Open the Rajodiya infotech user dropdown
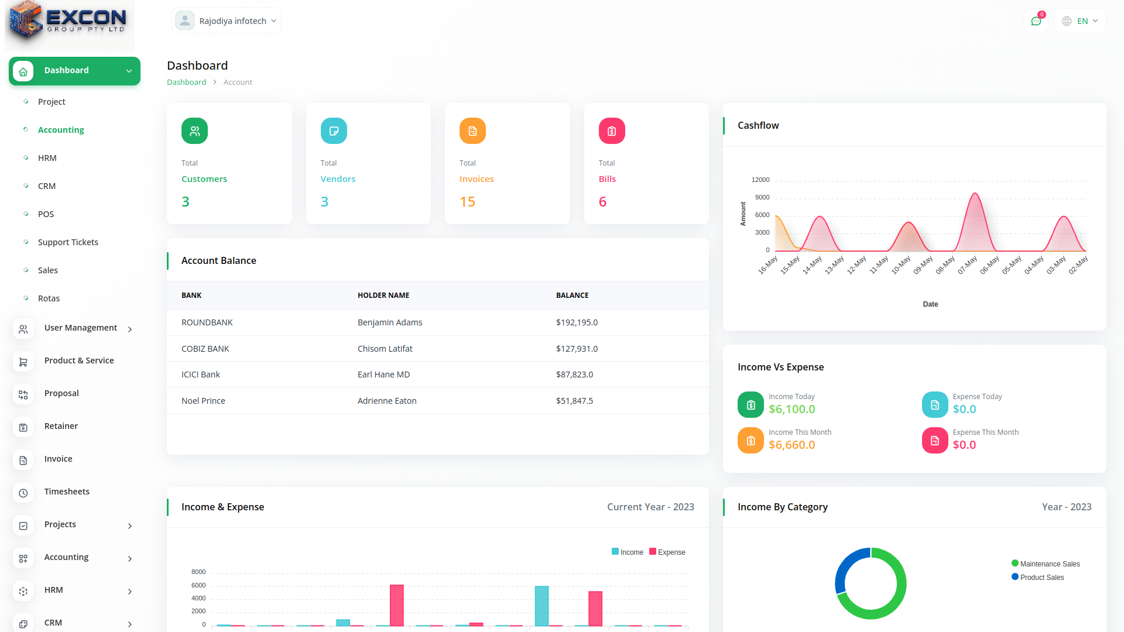click(x=227, y=21)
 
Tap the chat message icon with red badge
click(x=1036, y=21)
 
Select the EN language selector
click(x=1080, y=21)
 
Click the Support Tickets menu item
click(x=68, y=242)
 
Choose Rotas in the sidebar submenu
click(x=49, y=298)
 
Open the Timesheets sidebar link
click(x=67, y=492)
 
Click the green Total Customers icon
click(x=194, y=131)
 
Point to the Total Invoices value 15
click(x=467, y=202)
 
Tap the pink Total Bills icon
click(x=612, y=131)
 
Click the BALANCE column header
click(x=572, y=296)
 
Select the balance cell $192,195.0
click(x=577, y=322)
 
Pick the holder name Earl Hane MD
click(x=383, y=375)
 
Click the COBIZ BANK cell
click(x=205, y=349)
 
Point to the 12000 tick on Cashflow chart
click(x=760, y=180)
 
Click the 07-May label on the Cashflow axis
click(x=967, y=265)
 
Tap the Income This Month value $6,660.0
click(x=791, y=445)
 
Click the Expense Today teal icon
click(x=935, y=404)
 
